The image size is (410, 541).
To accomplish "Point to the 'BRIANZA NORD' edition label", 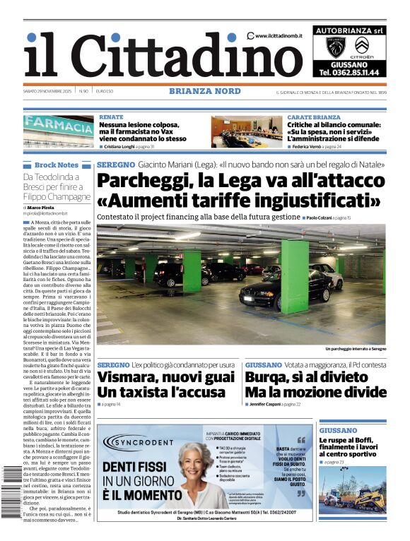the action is click(204, 91).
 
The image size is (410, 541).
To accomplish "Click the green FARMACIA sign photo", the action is click(58, 131).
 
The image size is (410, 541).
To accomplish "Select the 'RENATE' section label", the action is click(111, 117).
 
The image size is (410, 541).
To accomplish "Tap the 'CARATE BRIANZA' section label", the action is click(313, 117).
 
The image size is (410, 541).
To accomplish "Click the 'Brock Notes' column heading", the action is click(57, 165).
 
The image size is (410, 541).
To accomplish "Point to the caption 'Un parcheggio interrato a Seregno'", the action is click(355, 349).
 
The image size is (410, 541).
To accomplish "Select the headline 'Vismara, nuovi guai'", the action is click(165, 377).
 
